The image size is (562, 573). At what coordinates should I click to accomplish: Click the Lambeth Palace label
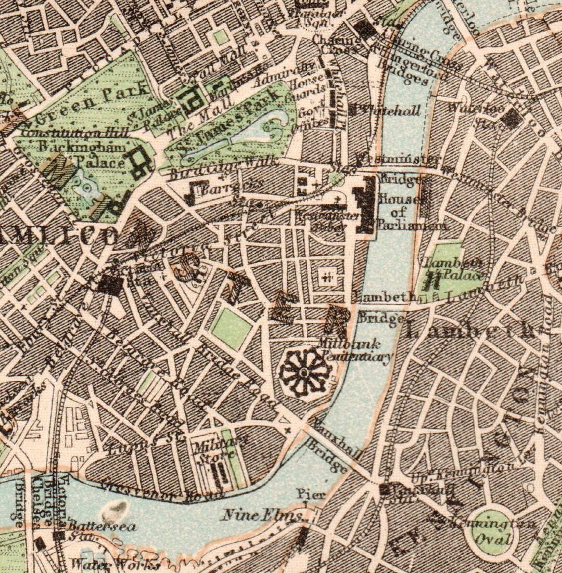(454, 269)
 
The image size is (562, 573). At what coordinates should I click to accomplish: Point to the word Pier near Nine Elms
(311, 493)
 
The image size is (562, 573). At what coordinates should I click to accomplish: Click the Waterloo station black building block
(511, 119)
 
